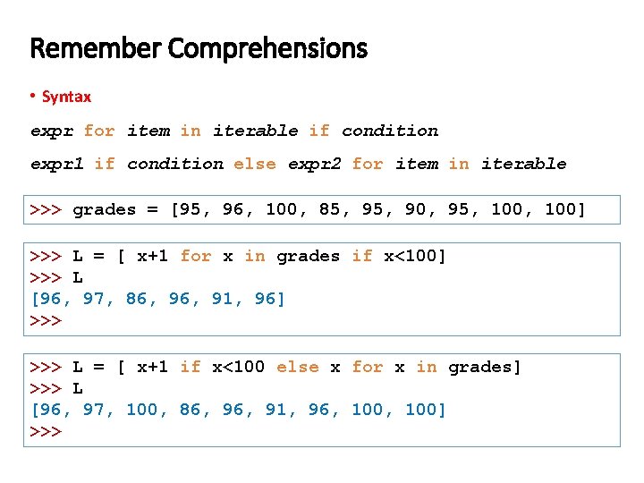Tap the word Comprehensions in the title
266,49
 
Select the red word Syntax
66,96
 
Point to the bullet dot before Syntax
33,96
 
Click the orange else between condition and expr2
255,164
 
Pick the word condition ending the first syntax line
390,131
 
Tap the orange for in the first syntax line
99,131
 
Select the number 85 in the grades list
329,210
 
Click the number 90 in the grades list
415,210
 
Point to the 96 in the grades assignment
233,210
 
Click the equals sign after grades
152,210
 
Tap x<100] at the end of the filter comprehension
414,257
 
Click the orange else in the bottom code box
297,367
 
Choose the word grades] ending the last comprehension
484,367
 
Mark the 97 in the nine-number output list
94,410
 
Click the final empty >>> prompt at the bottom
46,431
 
